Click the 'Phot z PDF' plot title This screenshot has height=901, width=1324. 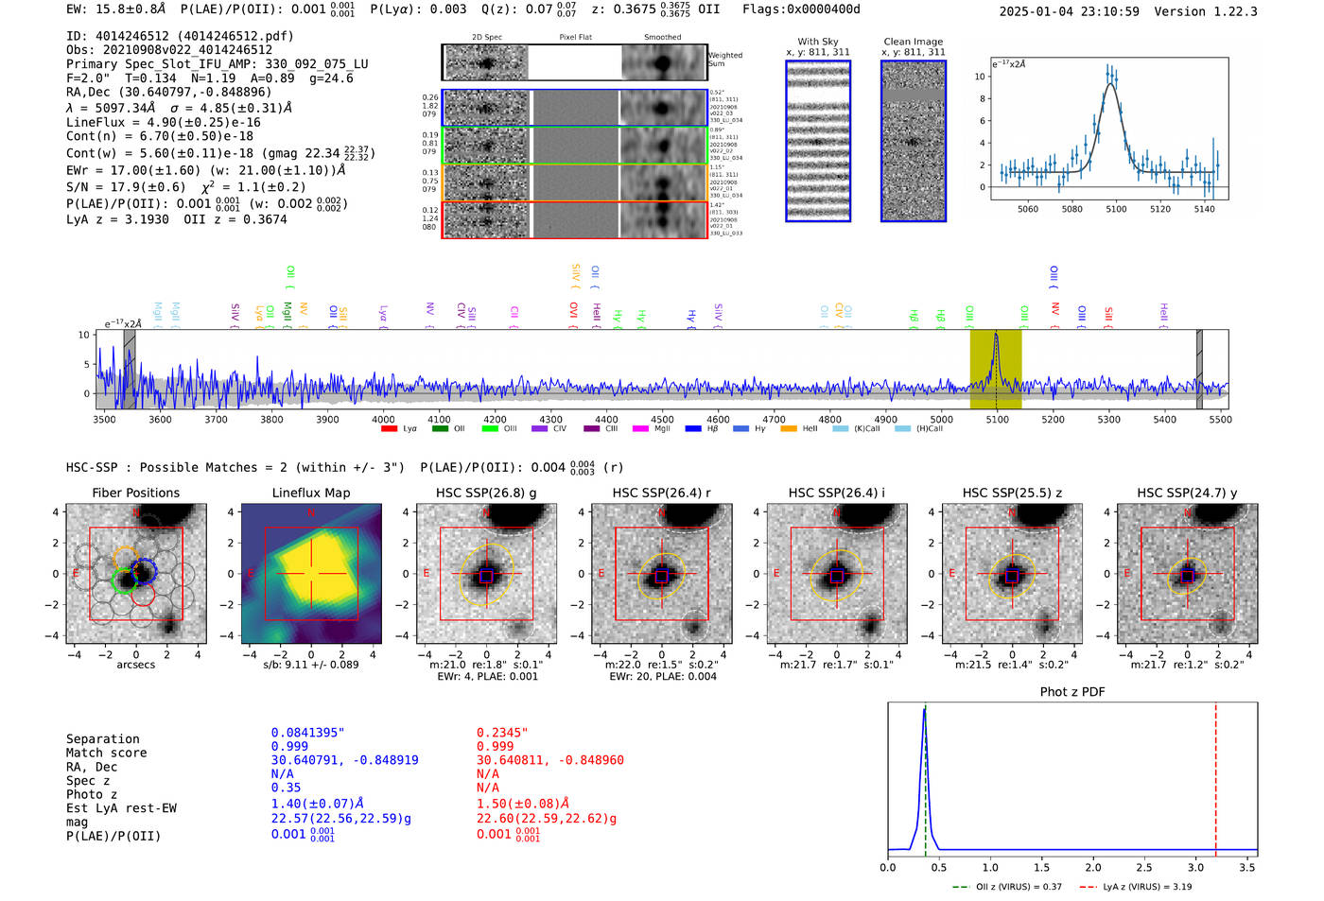(1072, 691)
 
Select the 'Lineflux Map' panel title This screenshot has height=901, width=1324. (310, 493)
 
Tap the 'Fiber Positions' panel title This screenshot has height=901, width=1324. (135, 493)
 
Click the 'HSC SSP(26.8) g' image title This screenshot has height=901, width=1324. (486, 493)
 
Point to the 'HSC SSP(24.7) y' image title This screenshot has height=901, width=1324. (1187, 493)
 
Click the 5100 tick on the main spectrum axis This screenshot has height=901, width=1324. (997, 419)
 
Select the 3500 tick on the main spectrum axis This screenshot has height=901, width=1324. (104, 419)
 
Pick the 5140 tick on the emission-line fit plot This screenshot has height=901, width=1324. (1204, 209)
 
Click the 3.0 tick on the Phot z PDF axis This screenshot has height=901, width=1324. (1195, 867)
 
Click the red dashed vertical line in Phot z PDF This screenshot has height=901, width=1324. (1215, 775)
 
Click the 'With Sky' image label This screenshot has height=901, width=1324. (818, 42)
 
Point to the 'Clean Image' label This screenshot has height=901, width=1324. (913, 42)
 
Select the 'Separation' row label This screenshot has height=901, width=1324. (102, 738)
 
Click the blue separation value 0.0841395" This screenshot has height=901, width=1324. (307, 733)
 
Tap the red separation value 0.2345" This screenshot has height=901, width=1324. (502, 733)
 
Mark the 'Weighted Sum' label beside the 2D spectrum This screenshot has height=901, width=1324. (724, 59)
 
